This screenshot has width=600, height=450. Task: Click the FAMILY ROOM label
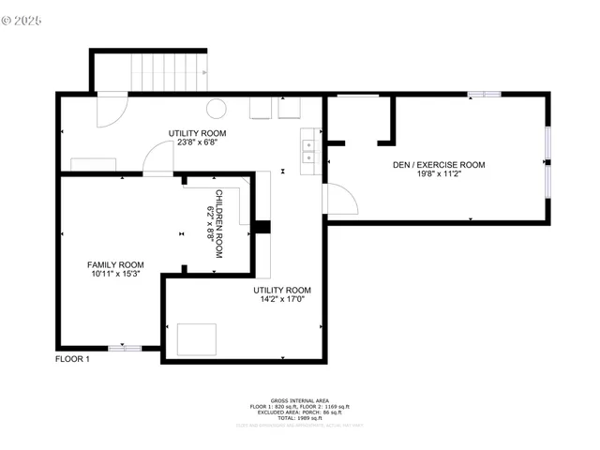(115, 264)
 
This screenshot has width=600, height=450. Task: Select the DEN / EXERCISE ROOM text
(438, 165)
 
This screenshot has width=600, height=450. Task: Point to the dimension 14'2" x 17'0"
(281, 302)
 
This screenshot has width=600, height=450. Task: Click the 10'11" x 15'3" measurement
(115, 274)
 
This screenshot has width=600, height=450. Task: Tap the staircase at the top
(168, 71)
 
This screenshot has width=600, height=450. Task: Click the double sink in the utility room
(307, 151)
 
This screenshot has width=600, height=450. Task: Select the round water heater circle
(216, 108)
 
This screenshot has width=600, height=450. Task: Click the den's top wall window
(484, 94)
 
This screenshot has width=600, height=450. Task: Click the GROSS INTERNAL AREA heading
(299, 398)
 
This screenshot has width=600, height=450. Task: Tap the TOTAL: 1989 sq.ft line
(299, 419)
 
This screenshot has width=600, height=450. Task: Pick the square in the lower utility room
(197, 339)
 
